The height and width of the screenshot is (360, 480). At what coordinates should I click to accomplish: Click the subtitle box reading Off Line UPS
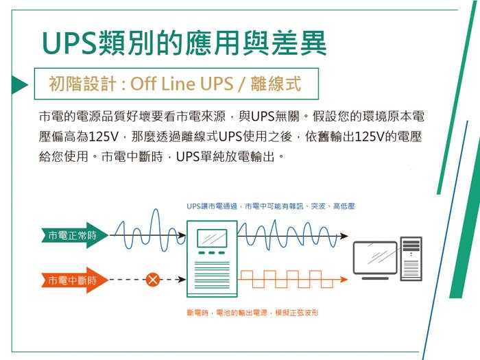(176, 85)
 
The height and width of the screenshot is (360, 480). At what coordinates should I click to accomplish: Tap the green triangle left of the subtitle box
(19, 85)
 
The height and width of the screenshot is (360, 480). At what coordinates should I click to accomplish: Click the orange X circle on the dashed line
(153, 280)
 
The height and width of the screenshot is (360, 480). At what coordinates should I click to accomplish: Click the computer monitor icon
(374, 259)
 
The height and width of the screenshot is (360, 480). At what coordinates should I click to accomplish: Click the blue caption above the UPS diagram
(270, 206)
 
